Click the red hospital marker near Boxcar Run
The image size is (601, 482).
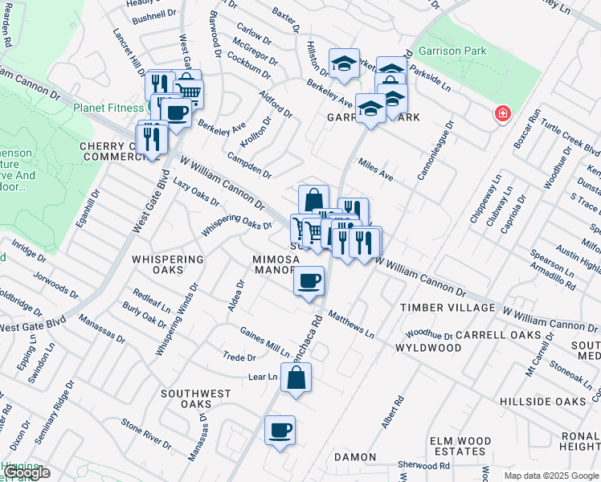(x=503, y=113)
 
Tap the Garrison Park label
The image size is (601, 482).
(x=458, y=51)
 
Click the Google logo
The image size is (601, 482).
(x=26, y=472)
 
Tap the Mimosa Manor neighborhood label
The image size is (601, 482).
(x=276, y=265)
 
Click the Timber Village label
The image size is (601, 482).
(x=448, y=308)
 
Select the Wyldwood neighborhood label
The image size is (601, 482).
(x=428, y=348)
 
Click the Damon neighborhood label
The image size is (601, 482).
(x=354, y=457)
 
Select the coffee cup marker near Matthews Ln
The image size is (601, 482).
(x=309, y=281)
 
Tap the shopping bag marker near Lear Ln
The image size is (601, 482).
(x=296, y=378)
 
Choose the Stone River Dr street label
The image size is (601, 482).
(x=146, y=434)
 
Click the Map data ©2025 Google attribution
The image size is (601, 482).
(x=551, y=476)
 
